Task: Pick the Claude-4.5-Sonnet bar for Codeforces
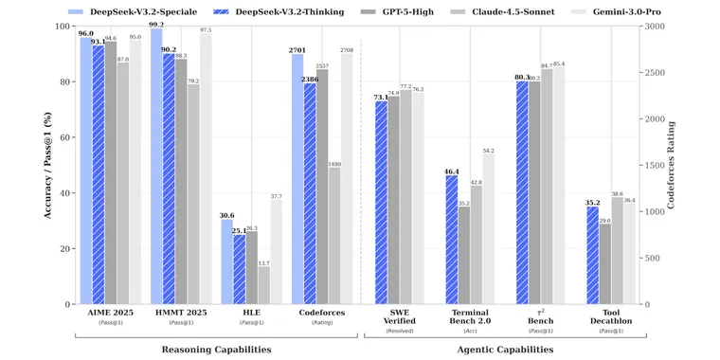(x=334, y=236)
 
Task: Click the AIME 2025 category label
(x=111, y=313)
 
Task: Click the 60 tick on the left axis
(x=64, y=137)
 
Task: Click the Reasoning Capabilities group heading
(x=216, y=350)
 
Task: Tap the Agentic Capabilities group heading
(x=506, y=350)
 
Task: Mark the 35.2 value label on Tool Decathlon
(x=592, y=202)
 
